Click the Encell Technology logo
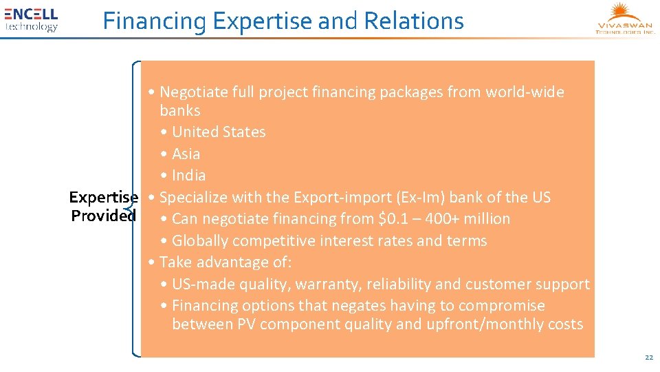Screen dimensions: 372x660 (32, 19)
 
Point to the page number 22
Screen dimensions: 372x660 (648, 358)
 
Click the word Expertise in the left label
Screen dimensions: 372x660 (104, 198)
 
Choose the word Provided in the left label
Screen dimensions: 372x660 (104, 216)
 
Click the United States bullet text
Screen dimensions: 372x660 (219, 132)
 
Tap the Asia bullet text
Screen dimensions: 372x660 (186, 154)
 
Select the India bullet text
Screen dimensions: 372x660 (188, 176)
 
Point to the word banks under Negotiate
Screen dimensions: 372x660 (179, 111)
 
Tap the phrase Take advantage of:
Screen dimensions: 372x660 (225, 262)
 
